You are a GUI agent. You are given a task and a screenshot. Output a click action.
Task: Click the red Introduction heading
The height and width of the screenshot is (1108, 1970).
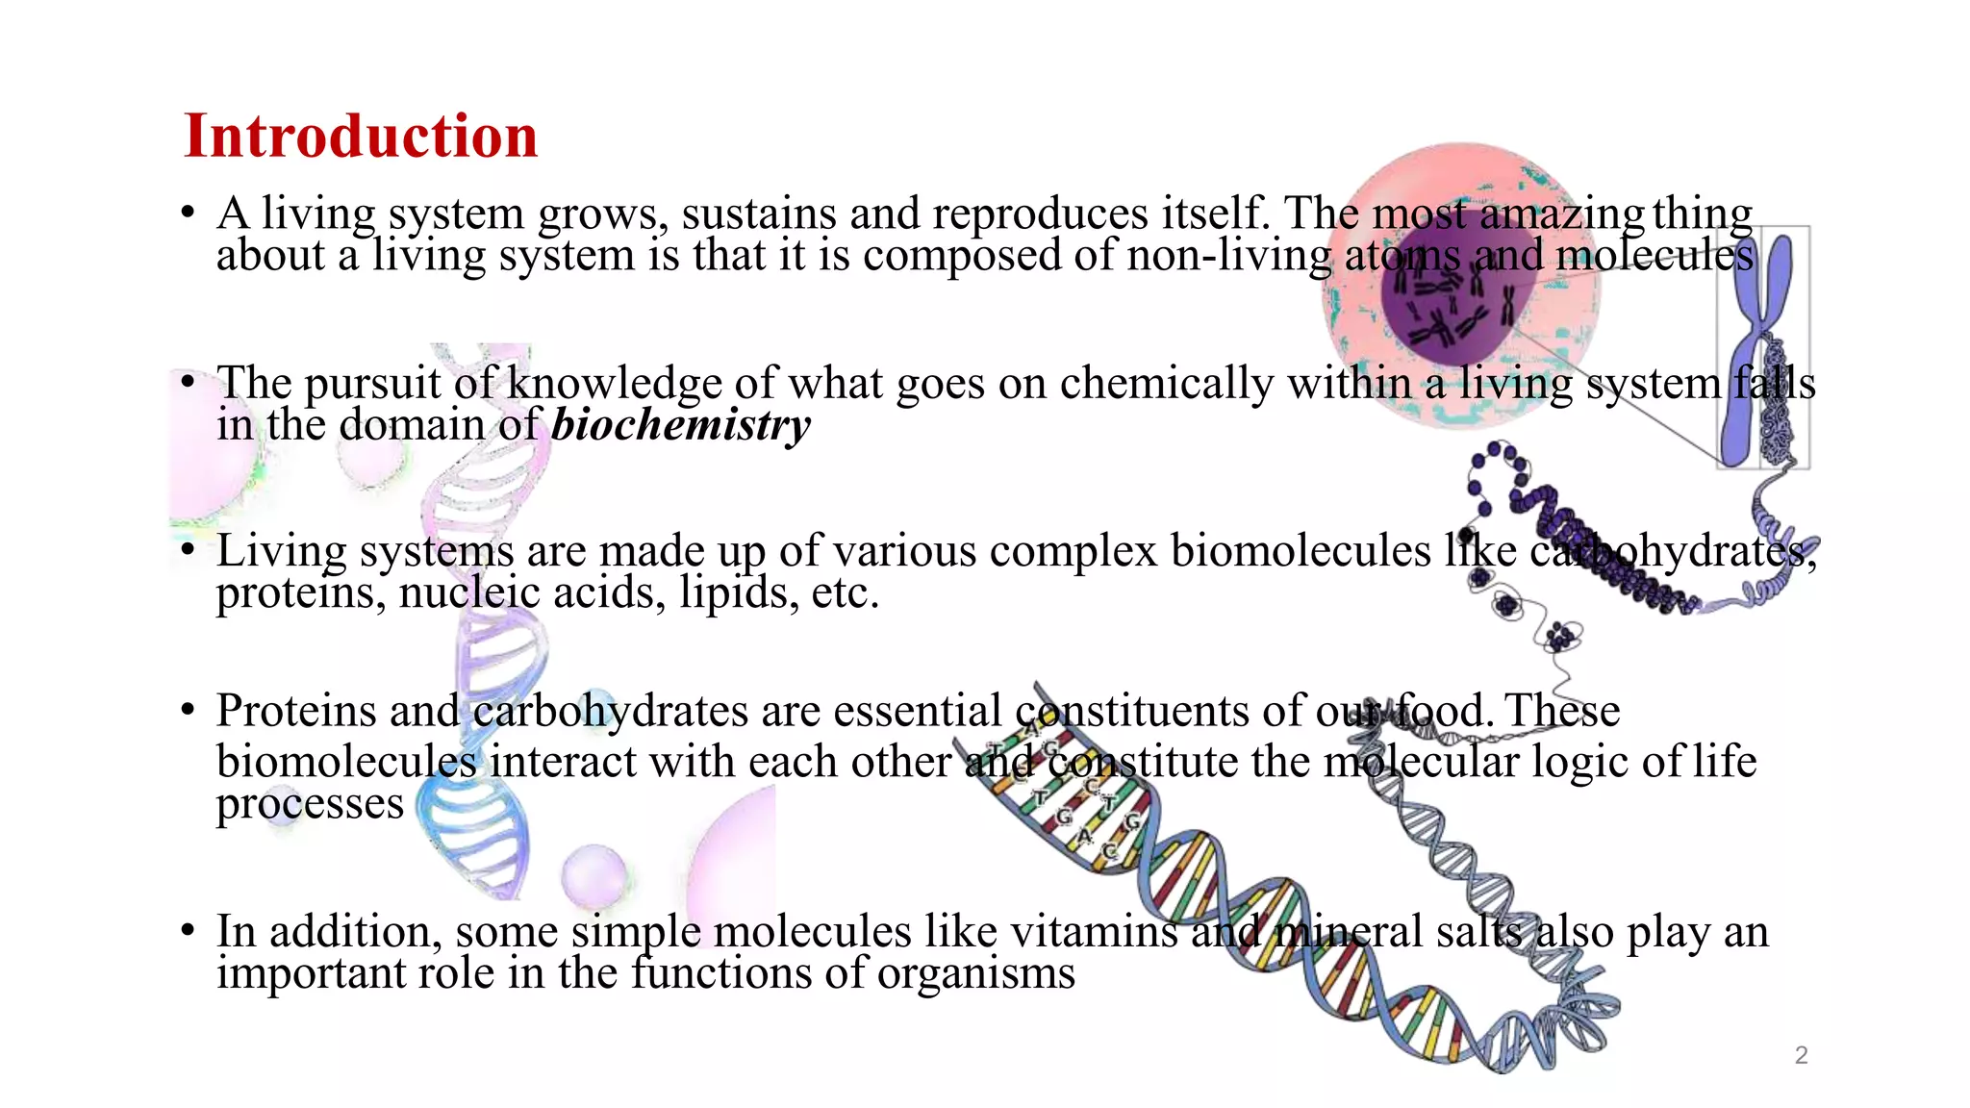coord(361,136)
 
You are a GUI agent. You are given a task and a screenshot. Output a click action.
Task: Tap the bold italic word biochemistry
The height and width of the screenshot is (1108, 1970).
coord(680,425)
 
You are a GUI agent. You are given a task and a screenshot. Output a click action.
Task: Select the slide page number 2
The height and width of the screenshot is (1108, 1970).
coord(1801,1055)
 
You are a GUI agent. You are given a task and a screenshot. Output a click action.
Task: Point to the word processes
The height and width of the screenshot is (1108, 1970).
coord(310,804)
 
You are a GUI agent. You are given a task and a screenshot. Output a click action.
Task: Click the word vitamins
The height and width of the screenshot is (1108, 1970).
coord(1094,931)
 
